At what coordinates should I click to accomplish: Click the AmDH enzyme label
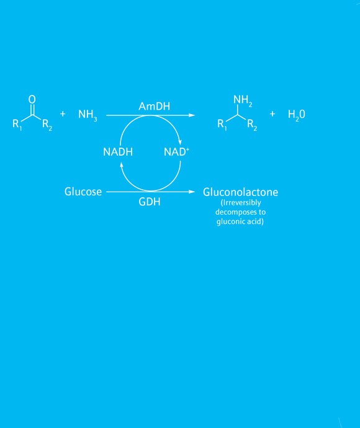(155, 106)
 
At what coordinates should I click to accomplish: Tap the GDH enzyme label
(150, 202)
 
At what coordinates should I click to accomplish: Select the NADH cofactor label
(118, 152)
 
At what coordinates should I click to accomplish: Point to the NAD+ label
(176, 152)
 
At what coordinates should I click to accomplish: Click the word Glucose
(83, 192)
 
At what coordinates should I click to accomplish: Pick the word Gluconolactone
(240, 192)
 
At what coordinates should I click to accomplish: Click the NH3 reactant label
(88, 115)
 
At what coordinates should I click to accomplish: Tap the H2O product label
(297, 115)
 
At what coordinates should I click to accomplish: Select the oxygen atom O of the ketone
(32, 99)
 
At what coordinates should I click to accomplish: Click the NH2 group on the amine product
(243, 100)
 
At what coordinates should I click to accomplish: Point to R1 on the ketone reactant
(17, 125)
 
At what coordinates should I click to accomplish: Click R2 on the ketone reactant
(47, 125)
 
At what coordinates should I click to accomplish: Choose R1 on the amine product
(222, 125)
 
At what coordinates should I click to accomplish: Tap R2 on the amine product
(252, 125)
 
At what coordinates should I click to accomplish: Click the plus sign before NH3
(63, 114)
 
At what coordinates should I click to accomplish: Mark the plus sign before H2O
(272, 114)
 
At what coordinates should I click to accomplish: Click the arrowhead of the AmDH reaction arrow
(192, 115)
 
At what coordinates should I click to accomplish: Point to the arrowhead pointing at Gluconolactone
(192, 192)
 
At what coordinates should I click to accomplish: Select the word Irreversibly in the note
(241, 203)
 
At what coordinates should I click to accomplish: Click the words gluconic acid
(239, 221)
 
